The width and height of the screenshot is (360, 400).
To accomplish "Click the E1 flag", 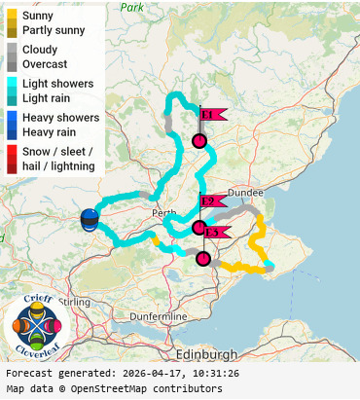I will click(211, 115).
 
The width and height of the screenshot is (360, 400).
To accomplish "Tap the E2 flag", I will click(212, 201).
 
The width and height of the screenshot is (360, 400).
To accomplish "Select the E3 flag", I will click(216, 232).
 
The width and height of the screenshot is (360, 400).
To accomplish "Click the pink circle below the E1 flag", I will click(199, 141).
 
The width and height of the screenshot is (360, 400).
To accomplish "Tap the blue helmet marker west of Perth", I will click(90, 219).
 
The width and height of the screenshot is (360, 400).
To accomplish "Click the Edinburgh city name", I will click(207, 354).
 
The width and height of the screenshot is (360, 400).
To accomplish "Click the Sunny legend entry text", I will click(40, 16).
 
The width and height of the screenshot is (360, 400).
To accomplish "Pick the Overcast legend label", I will click(45, 63).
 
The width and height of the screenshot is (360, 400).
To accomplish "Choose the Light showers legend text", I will click(58, 83).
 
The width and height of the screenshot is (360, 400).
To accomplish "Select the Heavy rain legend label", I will click(53, 131).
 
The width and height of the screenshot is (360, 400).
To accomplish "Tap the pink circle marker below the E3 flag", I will click(203, 258).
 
